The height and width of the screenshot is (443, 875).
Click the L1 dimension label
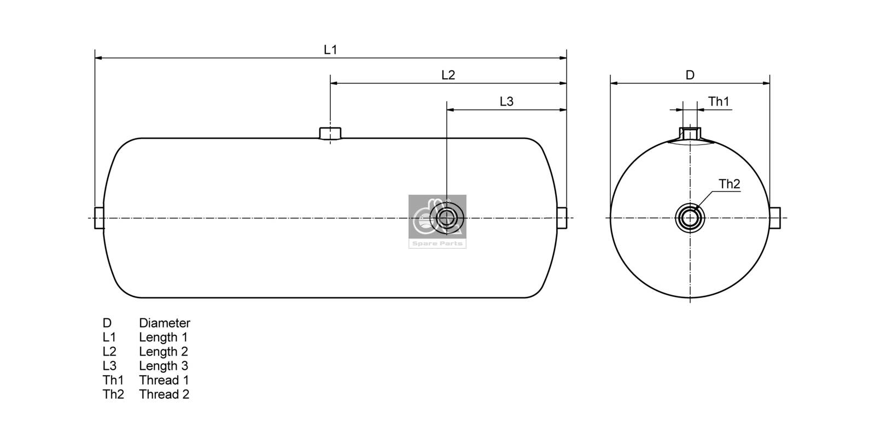coord(330,50)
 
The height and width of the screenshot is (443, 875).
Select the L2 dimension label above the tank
coord(448,75)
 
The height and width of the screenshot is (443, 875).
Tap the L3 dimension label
coord(506,102)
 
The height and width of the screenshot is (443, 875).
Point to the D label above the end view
coord(690,75)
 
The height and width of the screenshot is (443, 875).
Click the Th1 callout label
coord(719,102)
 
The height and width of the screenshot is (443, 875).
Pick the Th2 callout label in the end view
coord(729,184)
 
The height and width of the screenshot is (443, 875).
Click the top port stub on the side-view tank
coord(330,133)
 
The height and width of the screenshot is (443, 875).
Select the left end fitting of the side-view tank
coord(99,218)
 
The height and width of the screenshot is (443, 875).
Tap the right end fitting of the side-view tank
coord(562,218)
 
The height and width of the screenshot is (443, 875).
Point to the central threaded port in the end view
coord(690,218)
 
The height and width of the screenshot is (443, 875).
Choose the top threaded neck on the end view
coord(690,133)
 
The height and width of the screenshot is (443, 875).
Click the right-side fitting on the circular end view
coord(775,218)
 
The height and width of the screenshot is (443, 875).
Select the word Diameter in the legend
coord(164,323)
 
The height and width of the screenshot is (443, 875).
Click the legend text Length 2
coord(163,352)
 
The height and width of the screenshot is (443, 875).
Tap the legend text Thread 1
coord(164,380)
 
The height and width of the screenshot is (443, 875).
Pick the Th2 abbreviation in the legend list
coord(113,394)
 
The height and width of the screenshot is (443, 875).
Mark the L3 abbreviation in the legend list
coord(109,366)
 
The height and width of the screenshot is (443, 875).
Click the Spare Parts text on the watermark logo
coord(437,244)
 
